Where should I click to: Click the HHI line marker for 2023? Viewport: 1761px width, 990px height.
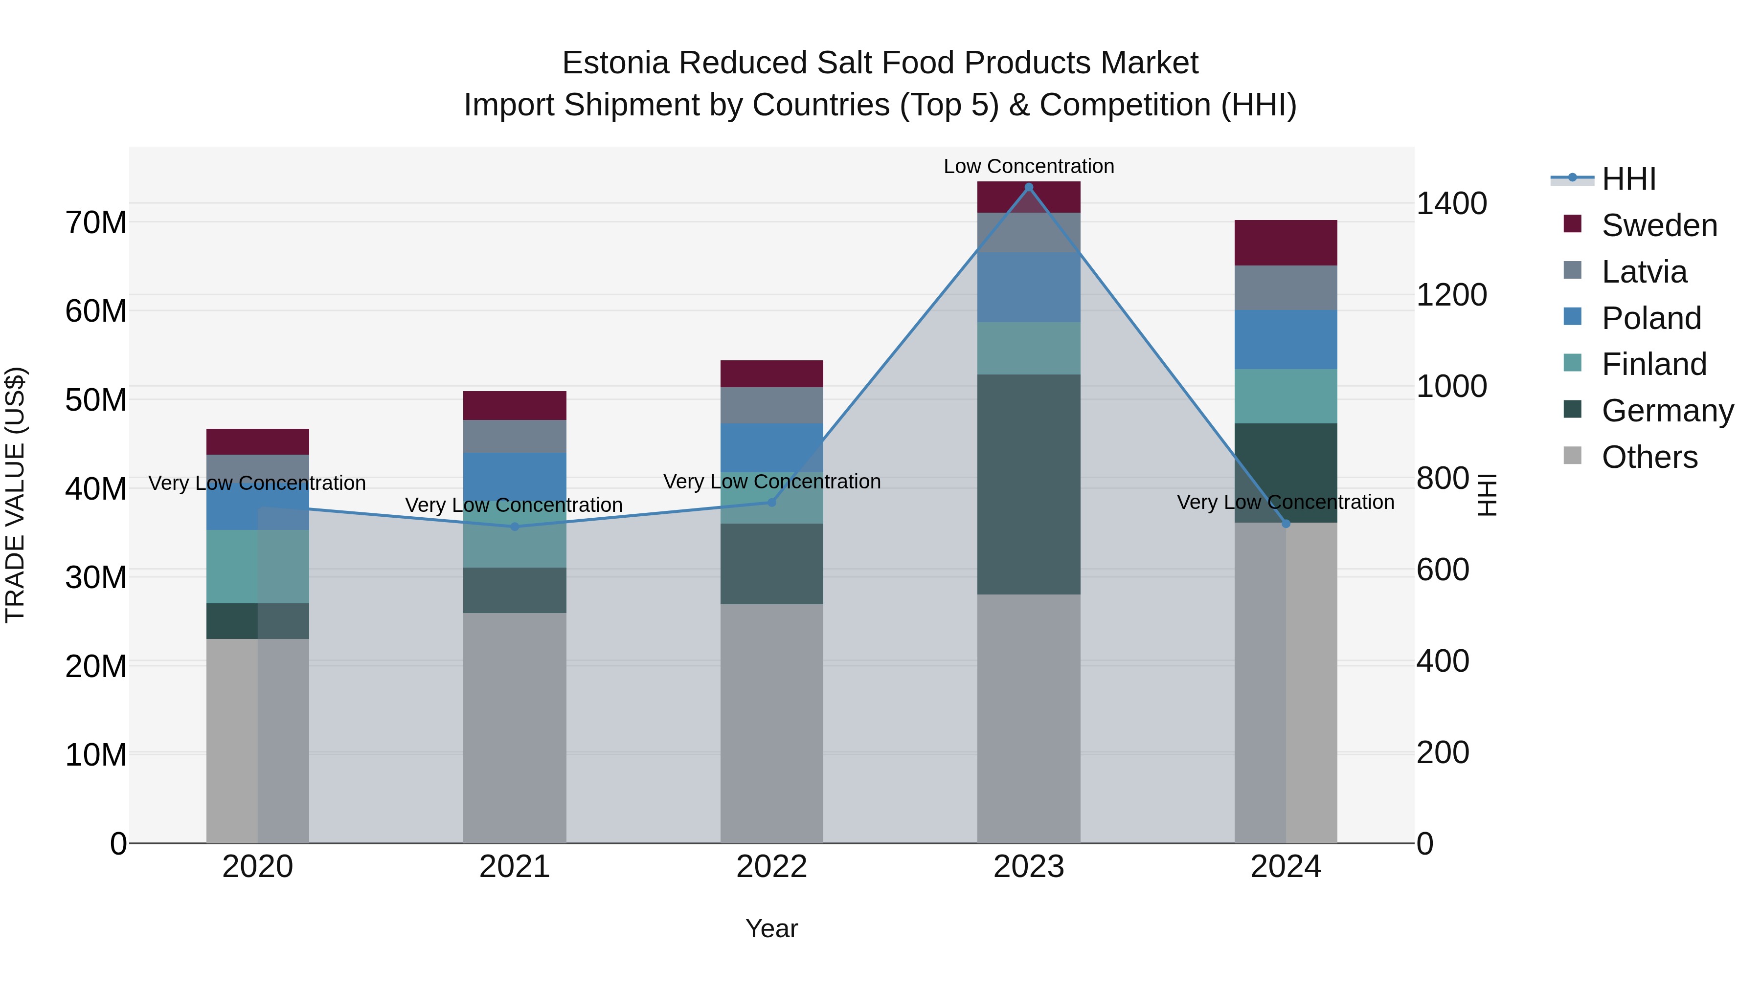[1028, 187]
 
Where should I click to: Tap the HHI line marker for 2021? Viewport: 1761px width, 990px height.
[515, 527]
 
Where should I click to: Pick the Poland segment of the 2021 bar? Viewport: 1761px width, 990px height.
[515, 476]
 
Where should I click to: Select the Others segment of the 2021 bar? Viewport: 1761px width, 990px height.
[515, 727]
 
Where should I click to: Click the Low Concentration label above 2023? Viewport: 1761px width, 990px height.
[1028, 166]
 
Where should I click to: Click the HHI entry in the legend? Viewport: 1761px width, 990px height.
[1628, 179]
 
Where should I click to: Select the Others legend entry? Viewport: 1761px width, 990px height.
[1649, 457]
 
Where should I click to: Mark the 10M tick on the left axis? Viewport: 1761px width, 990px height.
[96, 755]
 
